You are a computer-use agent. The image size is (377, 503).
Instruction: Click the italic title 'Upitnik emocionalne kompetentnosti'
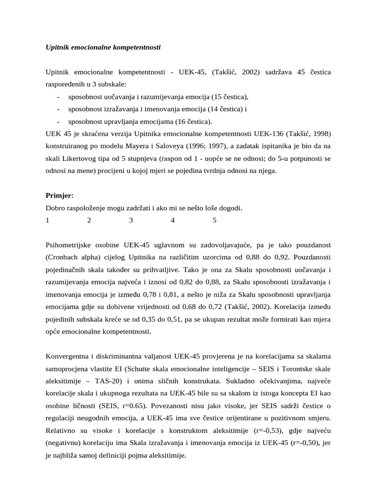tap(103, 48)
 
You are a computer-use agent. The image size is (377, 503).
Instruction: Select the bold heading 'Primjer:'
tap(59, 196)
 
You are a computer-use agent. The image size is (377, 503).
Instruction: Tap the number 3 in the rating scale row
tap(131, 221)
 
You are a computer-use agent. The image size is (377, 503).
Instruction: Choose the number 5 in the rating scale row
tap(215, 221)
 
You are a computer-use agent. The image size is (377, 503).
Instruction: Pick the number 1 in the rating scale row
tap(48, 221)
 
